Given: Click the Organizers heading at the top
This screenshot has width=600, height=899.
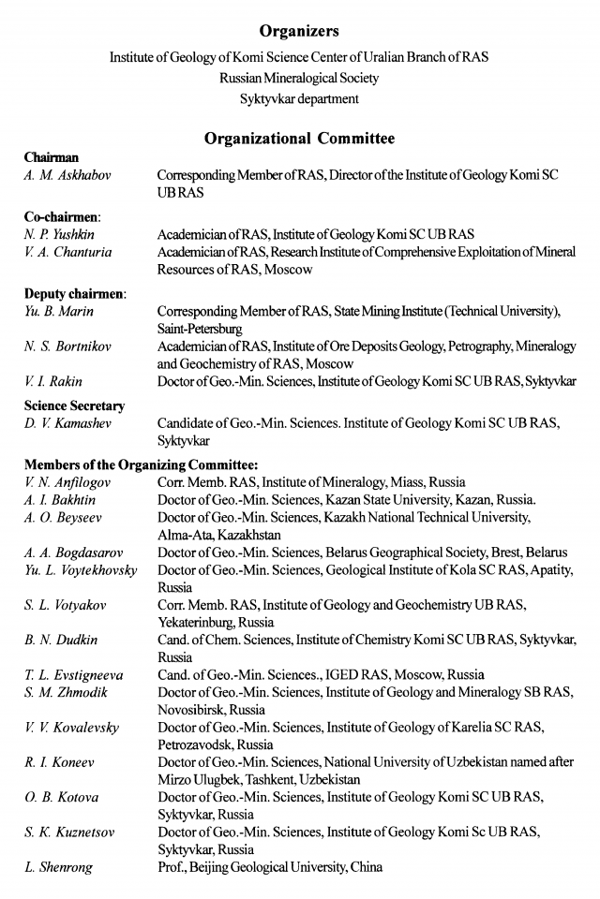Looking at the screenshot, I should click(x=299, y=33).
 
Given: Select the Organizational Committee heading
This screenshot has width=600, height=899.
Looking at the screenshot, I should click(x=299, y=139).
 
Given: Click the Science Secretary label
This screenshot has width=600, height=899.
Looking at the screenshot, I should click(x=74, y=405).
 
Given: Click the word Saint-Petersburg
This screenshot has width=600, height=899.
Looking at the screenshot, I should click(x=200, y=330).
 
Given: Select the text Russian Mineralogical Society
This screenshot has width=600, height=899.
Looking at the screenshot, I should click(x=299, y=77).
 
